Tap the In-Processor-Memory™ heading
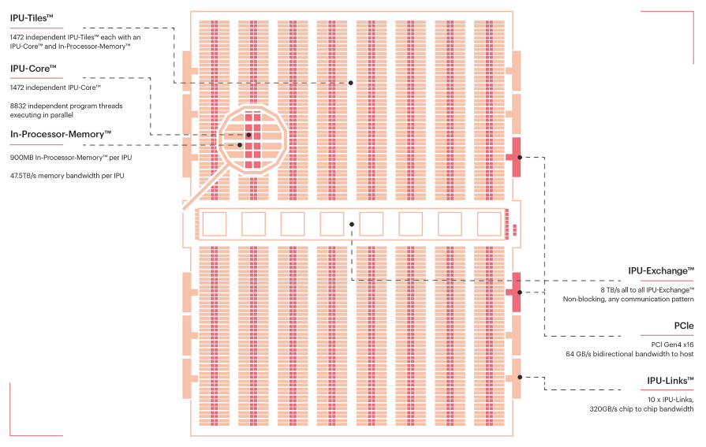pyautogui.click(x=61, y=134)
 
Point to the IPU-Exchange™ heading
pyautogui.click(x=661, y=270)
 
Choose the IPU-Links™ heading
pyautogui.click(x=670, y=381)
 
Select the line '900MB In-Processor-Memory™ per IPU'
pyautogui.click(x=70, y=158)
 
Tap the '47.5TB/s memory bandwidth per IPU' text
pyautogui.click(x=67, y=175)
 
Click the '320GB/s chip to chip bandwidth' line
pyautogui.click(x=641, y=409)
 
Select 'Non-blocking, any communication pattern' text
pyautogui.click(x=628, y=299)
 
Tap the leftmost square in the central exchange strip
pyautogui.click(x=214, y=224)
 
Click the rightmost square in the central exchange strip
pyautogui.click(x=489, y=224)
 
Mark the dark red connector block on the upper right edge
pyautogui.click(x=517, y=157)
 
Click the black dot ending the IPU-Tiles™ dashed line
pyautogui.click(x=351, y=83)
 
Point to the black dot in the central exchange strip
pyautogui.click(x=352, y=225)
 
